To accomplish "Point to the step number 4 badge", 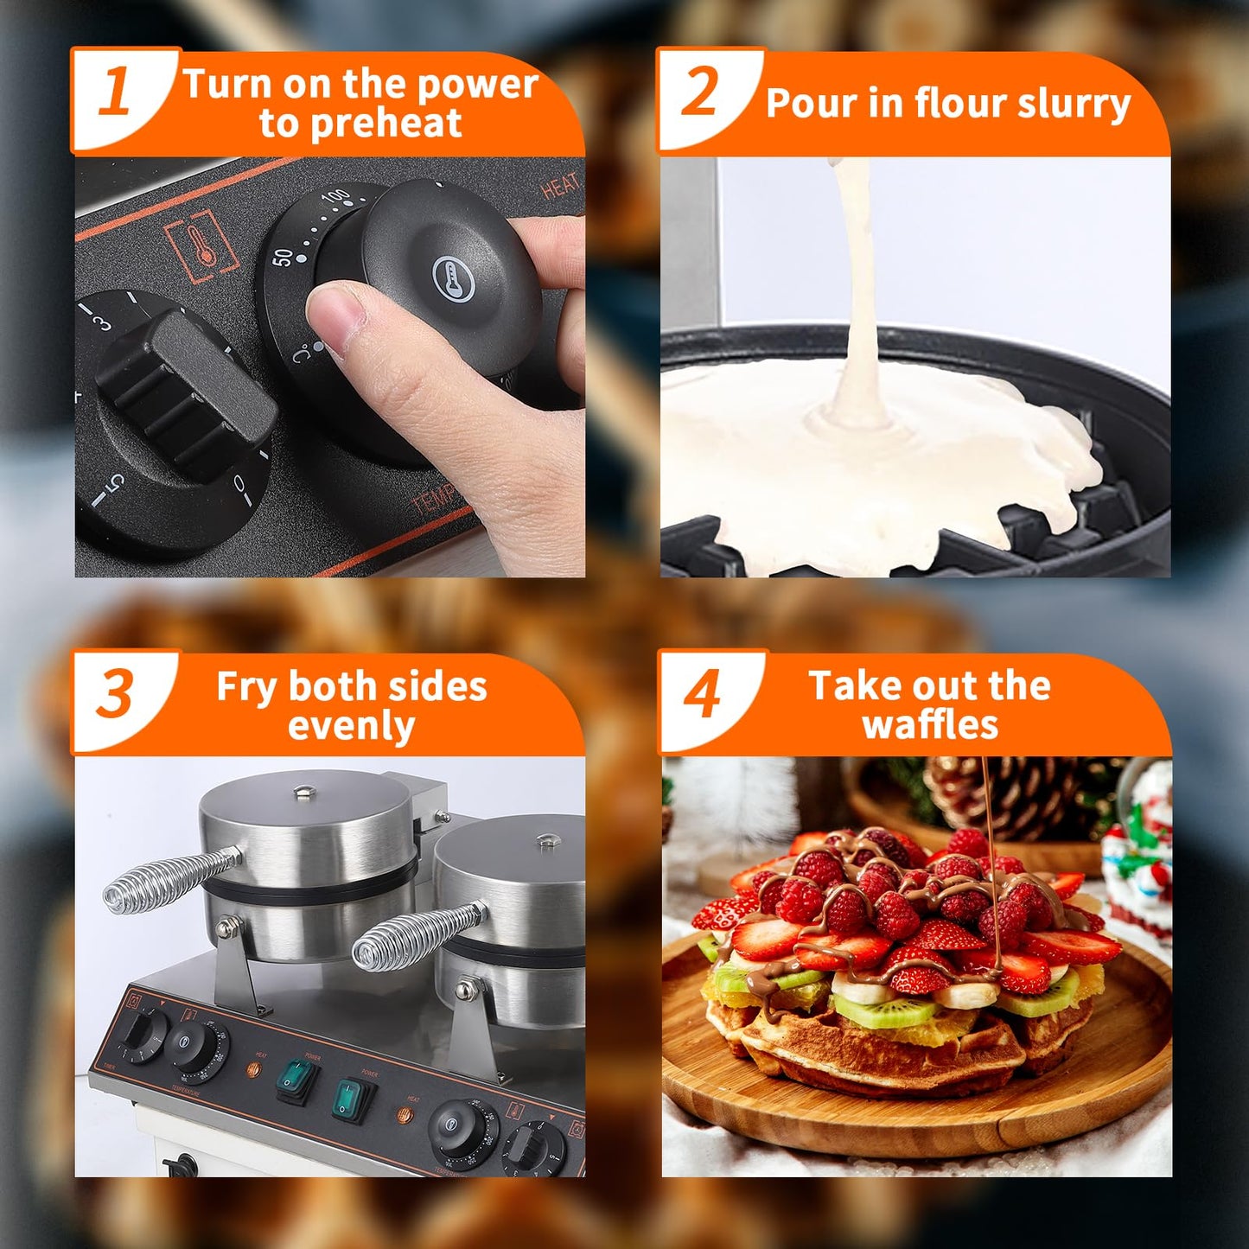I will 702,693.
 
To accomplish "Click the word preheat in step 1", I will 360,124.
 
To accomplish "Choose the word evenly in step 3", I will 351,726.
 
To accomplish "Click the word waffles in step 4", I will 930,724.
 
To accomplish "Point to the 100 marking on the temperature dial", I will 336,197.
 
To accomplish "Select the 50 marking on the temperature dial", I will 283,257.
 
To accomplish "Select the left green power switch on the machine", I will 297,1080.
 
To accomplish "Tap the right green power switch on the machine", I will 354,1099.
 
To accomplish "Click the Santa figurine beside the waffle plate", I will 1137,851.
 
